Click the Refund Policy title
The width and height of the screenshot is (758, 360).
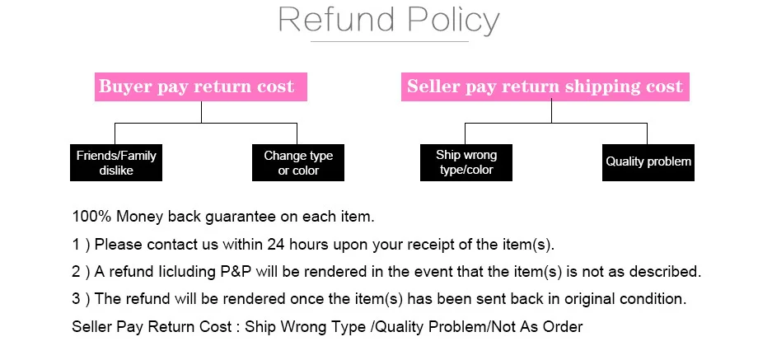tap(389, 20)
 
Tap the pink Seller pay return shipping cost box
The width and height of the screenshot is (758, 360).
tap(545, 86)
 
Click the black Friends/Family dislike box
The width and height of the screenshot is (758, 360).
tap(116, 162)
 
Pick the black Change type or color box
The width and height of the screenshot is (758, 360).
tap(297, 162)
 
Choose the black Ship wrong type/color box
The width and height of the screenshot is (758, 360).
tap(466, 162)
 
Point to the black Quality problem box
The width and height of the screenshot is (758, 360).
tap(648, 161)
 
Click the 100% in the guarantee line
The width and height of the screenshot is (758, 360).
tap(91, 217)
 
